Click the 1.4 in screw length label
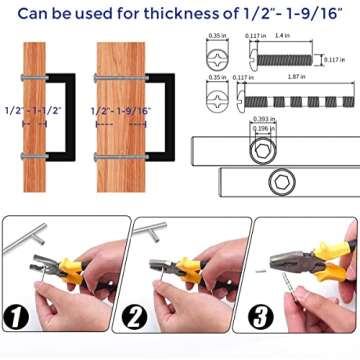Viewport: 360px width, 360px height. (x=285, y=35)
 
